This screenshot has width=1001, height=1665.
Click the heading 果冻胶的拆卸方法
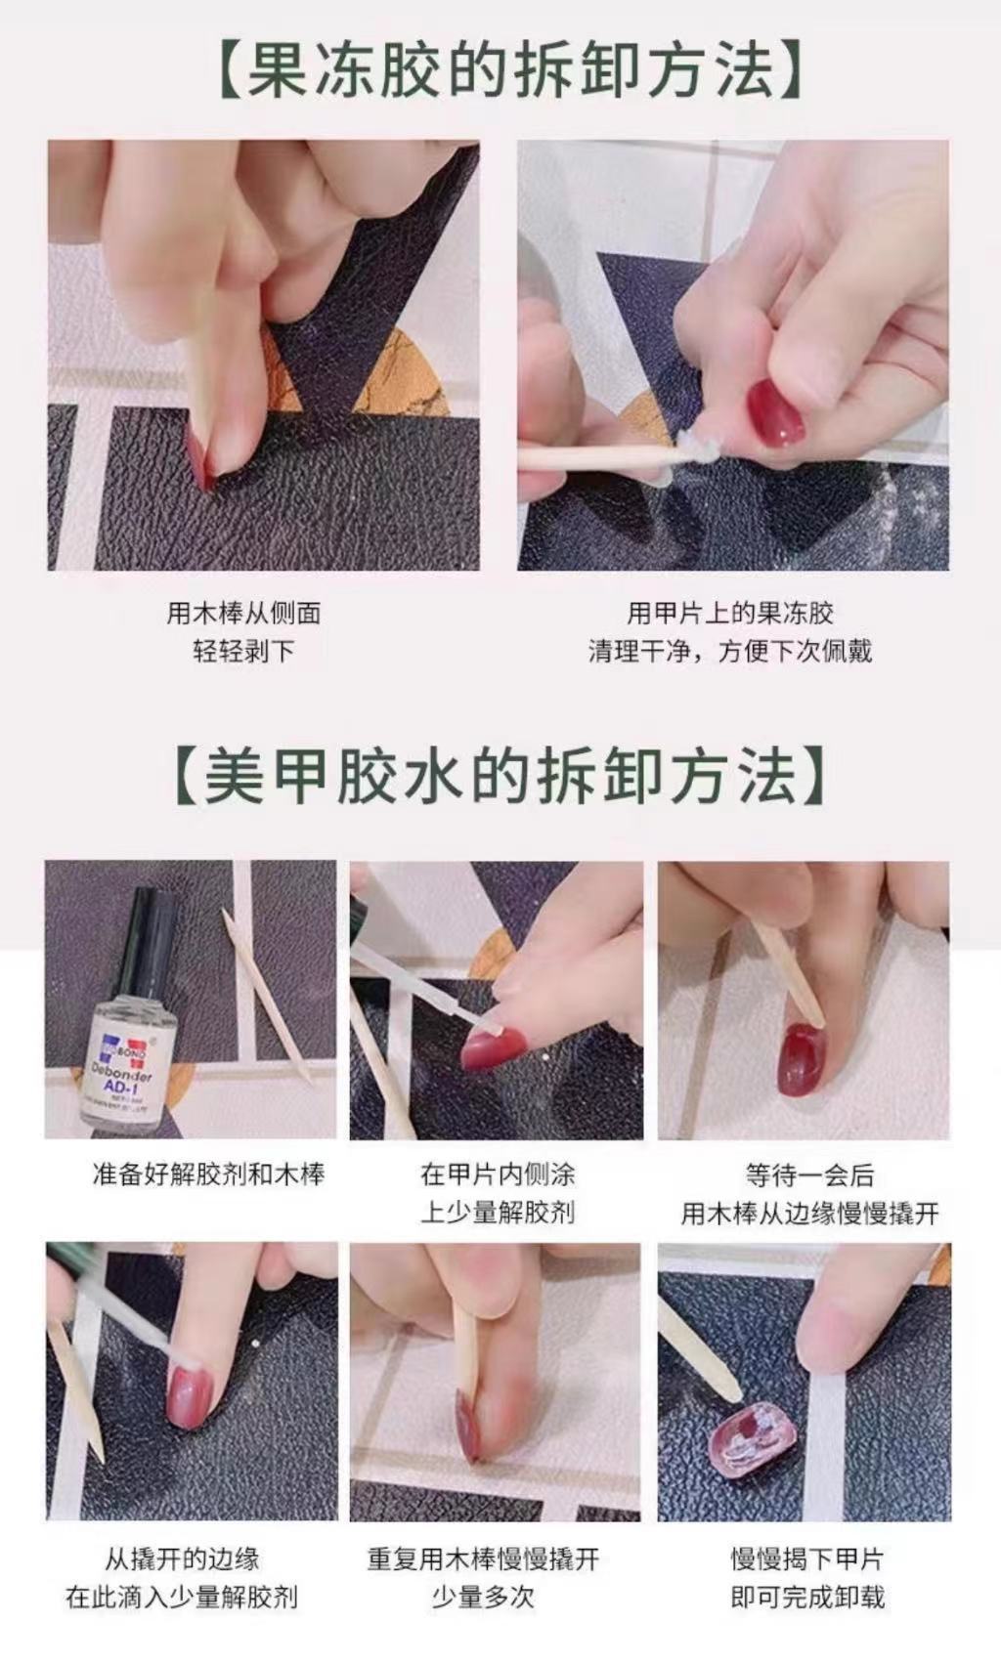click(508, 70)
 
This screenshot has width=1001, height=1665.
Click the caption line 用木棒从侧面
click(243, 614)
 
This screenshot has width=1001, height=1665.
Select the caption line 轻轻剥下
click(243, 651)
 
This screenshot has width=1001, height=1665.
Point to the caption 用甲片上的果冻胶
click(729, 614)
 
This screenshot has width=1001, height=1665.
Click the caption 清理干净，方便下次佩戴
click(729, 651)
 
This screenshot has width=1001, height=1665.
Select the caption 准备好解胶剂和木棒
click(207, 1174)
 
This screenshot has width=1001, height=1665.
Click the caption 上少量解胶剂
click(498, 1213)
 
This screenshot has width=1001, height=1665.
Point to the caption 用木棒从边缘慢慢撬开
click(808, 1214)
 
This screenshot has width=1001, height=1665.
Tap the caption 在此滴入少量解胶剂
click(182, 1598)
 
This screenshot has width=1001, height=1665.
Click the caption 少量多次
click(483, 1598)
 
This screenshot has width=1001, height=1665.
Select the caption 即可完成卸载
click(807, 1598)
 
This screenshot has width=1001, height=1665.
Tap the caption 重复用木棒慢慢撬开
click(483, 1559)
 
